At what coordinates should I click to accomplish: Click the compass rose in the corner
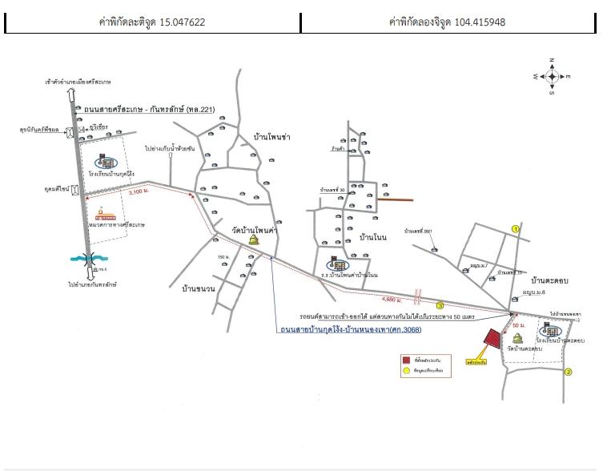click(552, 76)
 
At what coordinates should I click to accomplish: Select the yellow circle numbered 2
click(569, 372)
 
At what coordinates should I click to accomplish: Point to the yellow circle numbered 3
click(440, 305)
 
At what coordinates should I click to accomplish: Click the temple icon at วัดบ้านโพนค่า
click(255, 241)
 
